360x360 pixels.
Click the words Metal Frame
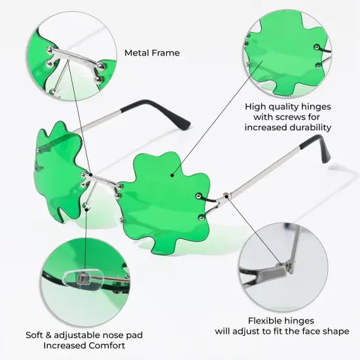coord(152,53)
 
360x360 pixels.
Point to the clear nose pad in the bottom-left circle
coord(83,279)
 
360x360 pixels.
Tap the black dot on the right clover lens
coord(172,175)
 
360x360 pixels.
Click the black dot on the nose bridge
coord(91,175)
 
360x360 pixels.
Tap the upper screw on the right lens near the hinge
coord(198,196)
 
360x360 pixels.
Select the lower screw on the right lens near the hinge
coord(202,217)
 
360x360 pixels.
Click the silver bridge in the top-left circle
coord(76,58)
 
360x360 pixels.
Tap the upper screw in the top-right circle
coord(317,47)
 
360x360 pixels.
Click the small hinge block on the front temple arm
coord(226,196)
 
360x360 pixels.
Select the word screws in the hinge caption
coord(291,117)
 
